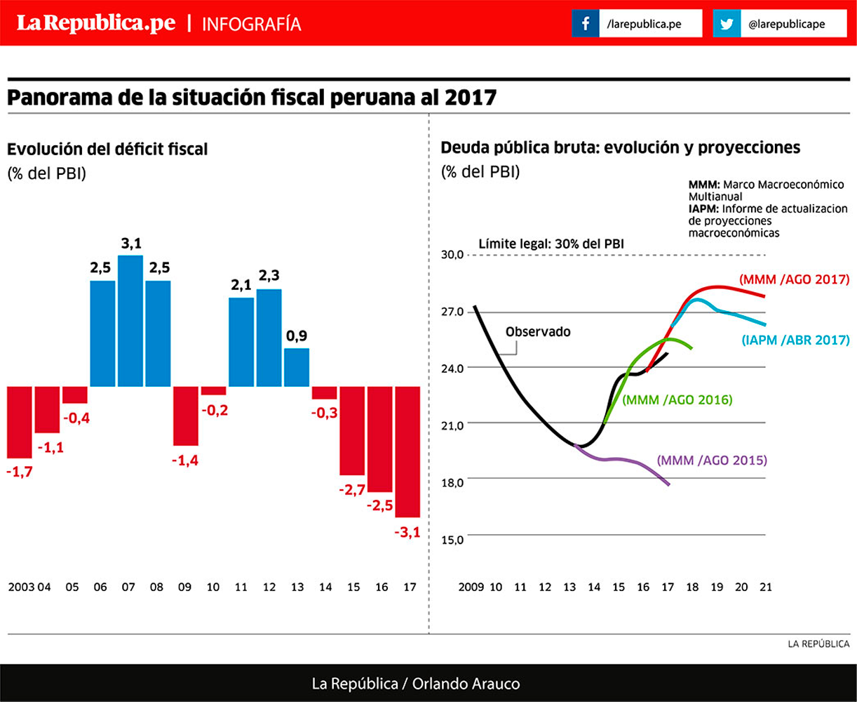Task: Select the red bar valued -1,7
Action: [x=20, y=422]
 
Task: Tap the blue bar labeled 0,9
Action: [x=297, y=367]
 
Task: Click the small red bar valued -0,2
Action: [x=213, y=391]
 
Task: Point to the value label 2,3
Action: [x=269, y=276]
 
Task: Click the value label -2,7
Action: [x=351, y=490]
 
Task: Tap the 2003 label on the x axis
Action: [x=21, y=587]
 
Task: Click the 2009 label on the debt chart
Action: [x=471, y=587]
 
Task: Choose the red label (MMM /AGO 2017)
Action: [x=794, y=279]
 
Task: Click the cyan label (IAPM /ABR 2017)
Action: [x=795, y=340]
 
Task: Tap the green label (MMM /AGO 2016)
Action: [x=677, y=400]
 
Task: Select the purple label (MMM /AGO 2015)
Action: [x=712, y=461]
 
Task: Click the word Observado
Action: [x=538, y=331]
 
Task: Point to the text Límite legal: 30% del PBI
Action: [x=551, y=244]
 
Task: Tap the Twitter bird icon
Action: [x=727, y=24]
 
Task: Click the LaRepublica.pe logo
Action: [x=96, y=23]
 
